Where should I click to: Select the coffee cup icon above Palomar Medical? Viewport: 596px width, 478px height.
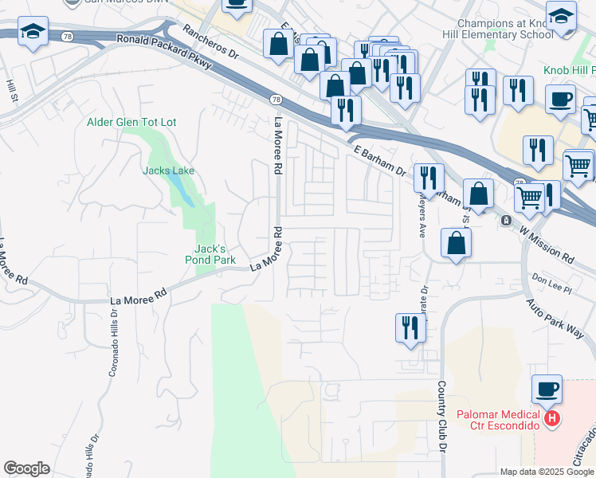coord(547,390)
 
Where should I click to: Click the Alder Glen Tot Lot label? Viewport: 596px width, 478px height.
coord(131,122)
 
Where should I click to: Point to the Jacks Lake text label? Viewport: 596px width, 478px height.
coord(168,170)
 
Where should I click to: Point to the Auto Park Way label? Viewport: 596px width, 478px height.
coord(555,319)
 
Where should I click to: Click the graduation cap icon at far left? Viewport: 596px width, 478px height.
coord(32,32)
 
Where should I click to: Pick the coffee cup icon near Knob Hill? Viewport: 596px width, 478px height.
coord(560,100)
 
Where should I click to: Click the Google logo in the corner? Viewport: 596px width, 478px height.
coord(26,468)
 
